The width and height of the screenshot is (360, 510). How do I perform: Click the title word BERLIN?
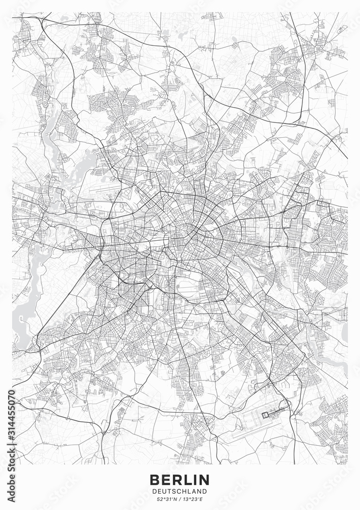coord(179,479)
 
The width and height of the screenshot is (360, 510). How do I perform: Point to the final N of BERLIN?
coord(204,479)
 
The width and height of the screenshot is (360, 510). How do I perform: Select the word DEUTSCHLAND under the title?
coord(179,491)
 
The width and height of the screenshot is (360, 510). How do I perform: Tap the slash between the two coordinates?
coord(179,499)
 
